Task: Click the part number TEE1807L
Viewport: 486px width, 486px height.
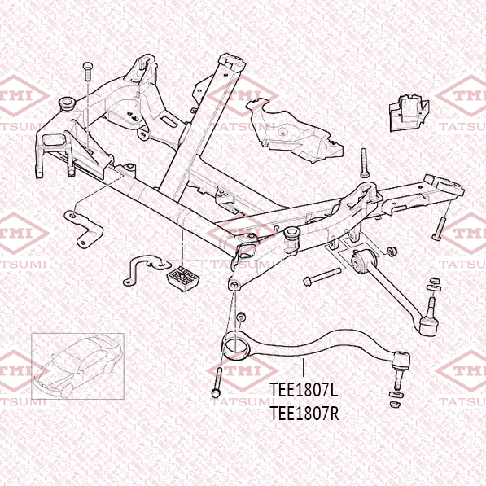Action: [x=303, y=390]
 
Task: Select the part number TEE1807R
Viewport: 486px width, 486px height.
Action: [x=304, y=414]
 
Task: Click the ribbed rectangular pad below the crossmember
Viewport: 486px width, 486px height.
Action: [x=183, y=277]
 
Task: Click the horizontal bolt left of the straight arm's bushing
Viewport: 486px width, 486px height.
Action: [x=322, y=277]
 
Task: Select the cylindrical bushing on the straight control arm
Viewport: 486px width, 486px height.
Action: [x=363, y=261]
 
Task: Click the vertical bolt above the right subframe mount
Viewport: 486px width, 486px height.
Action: [x=364, y=163]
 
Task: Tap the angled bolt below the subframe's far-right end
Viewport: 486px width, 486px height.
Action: [x=440, y=229]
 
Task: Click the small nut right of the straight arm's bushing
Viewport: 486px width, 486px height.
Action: [x=392, y=252]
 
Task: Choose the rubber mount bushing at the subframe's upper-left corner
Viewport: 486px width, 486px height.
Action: [x=67, y=103]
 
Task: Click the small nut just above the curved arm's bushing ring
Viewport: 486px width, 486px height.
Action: [x=241, y=317]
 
